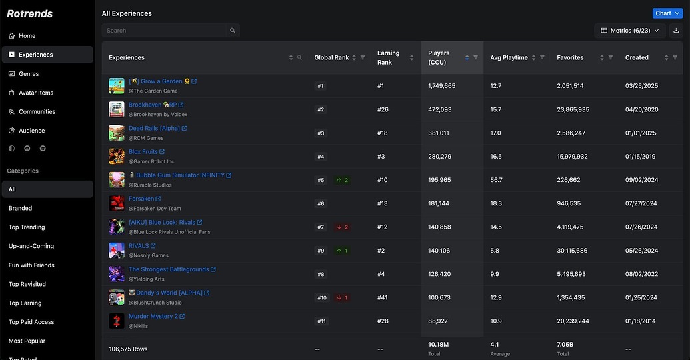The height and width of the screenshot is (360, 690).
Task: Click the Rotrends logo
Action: coord(30,13)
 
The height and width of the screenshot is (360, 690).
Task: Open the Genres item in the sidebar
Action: coord(29,74)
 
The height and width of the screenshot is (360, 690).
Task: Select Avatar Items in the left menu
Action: coord(36,93)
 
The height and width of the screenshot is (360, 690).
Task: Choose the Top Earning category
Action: coord(25,303)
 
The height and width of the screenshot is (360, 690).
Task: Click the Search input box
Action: coord(167,31)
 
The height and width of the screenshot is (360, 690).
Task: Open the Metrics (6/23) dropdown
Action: coord(630,31)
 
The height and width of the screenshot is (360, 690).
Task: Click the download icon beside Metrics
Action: coord(676,31)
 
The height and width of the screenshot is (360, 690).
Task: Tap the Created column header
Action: coord(637,58)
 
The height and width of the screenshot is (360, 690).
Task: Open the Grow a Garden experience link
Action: coord(155,81)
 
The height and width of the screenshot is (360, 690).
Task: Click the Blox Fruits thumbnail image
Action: coord(117,156)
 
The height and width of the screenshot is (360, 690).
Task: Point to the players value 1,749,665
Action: coord(441,86)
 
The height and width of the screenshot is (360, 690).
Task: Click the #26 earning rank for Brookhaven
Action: coord(383,109)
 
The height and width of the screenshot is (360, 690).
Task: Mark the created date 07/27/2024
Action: coord(641,203)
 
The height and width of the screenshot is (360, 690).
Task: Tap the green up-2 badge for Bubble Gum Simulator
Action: coord(343,180)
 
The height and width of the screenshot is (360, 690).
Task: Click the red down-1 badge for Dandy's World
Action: coord(343,297)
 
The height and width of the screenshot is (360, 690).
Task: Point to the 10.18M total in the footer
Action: coord(439,345)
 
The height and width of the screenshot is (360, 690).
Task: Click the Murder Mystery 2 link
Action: coord(153,316)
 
